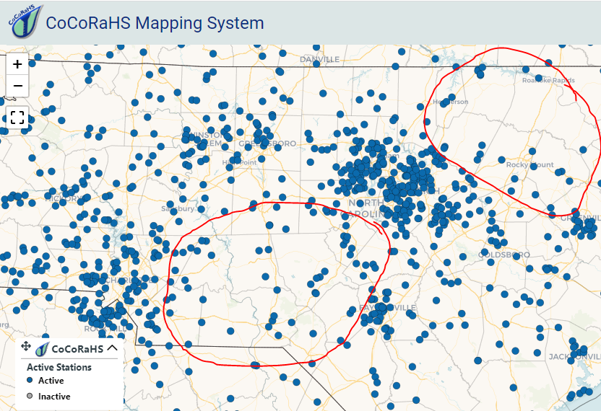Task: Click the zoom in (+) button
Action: [x=18, y=64]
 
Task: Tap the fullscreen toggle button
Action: [x=18, y=118]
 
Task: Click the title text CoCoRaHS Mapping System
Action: [x=155, y=22]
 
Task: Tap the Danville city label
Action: [x=320, y=59]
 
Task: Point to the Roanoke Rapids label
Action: [x=548, y=80]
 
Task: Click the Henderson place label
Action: [x=451, y=102]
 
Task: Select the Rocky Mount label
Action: [x=529, y=165]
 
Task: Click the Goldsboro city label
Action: [x=503, y=255]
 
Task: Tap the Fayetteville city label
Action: [x=388, y=308]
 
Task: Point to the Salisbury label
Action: [x=177, y=208]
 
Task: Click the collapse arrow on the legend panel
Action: [x=112, y=348]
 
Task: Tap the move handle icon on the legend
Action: [x=26, y=347]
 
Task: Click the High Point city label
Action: [x=239, y=162]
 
